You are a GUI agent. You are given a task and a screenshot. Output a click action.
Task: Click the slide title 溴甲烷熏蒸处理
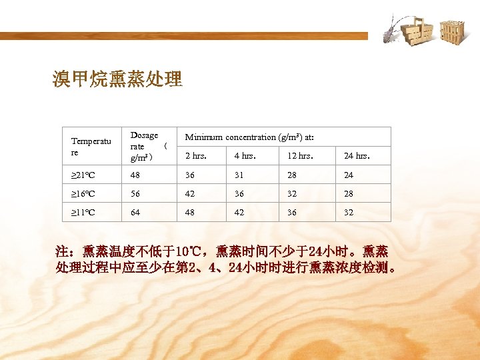tap(117, 80)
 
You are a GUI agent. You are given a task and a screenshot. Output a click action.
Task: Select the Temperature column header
tap(92, 147)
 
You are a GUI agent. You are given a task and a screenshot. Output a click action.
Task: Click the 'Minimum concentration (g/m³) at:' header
tap(249, 137)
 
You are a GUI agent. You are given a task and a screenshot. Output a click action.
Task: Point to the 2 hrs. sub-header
tap(196, 157)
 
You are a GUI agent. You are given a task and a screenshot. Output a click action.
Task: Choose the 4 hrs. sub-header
tap(245, 157)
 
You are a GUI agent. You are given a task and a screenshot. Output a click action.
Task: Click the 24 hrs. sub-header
tap(357, 157)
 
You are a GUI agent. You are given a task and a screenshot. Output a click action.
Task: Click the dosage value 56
tap(136, 194)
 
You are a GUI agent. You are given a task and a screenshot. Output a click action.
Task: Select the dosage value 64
tap(136, 213)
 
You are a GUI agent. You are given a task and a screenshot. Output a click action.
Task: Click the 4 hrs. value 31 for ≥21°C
tap(239, 175)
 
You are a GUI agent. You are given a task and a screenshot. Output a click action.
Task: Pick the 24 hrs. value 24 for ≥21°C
tap(349, 175)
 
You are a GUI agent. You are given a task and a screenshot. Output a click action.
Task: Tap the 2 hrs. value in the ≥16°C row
tap(191, 194)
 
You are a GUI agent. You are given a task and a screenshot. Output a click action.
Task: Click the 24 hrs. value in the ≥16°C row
tap(349, 194)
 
